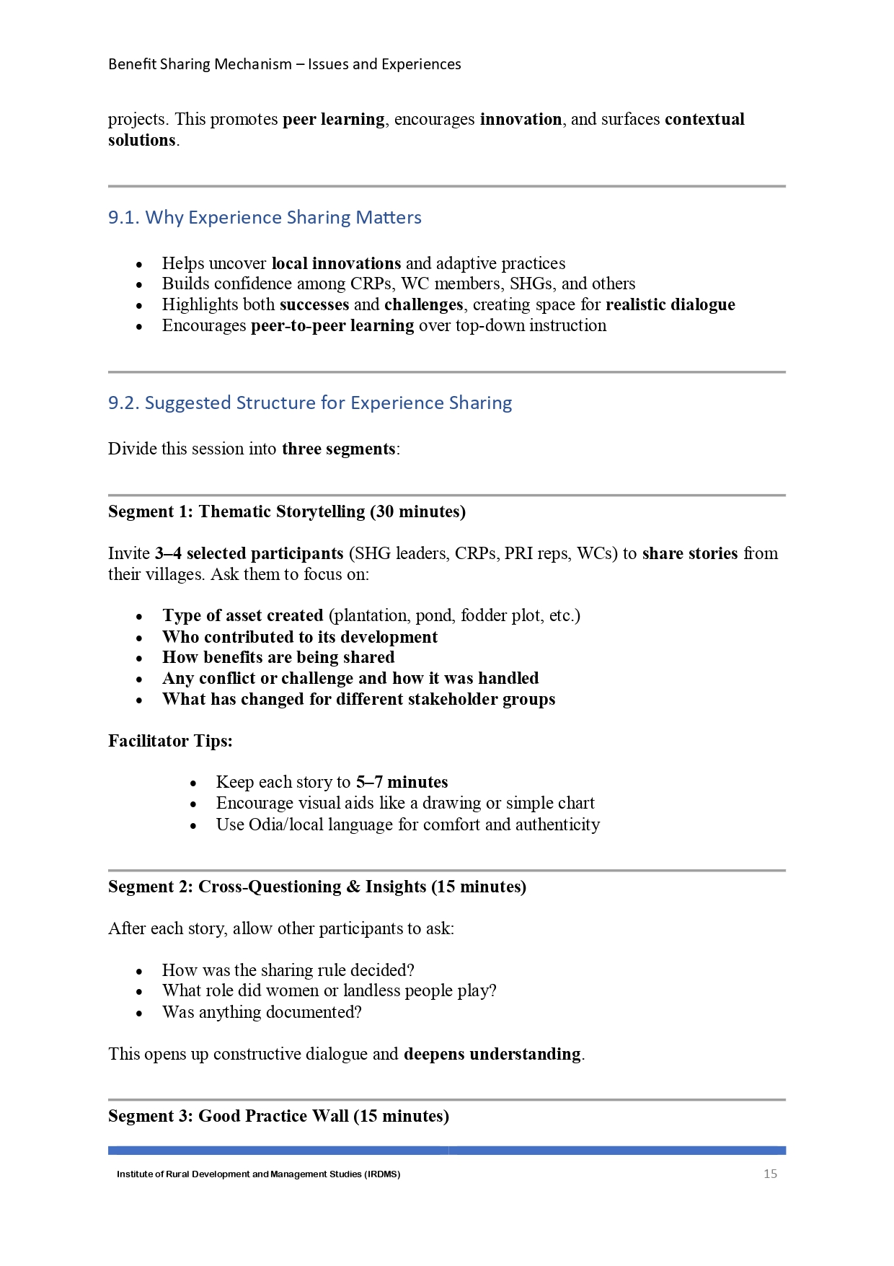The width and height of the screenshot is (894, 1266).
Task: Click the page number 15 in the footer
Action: [x=770, y=1174]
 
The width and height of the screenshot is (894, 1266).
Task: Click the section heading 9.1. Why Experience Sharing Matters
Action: [x=265, y=217]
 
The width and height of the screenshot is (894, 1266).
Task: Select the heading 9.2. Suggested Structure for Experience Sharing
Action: [x=310, y=403]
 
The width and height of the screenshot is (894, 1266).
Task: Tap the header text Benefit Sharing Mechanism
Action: [x=200, y=64]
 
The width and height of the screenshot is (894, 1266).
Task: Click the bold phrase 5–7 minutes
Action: [x=402, y=782]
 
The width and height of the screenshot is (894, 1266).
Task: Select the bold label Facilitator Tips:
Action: [x=170, y=741]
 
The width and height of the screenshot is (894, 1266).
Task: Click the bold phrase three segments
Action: [x=338, y=449]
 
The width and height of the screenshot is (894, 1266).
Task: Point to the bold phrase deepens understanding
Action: [x=492, y=1054]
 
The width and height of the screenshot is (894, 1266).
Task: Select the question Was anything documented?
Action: [x=262, y=1012]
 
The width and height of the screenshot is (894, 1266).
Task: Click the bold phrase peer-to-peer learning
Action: [x=332, y=325]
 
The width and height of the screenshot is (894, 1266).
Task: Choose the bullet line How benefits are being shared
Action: [x=278, y=657]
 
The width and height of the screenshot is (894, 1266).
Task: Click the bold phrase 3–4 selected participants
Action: [x=249, y=553]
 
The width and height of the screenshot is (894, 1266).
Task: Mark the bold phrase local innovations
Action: [x=336, y=263]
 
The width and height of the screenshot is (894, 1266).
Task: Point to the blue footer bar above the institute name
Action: [x=447, y=1151]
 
